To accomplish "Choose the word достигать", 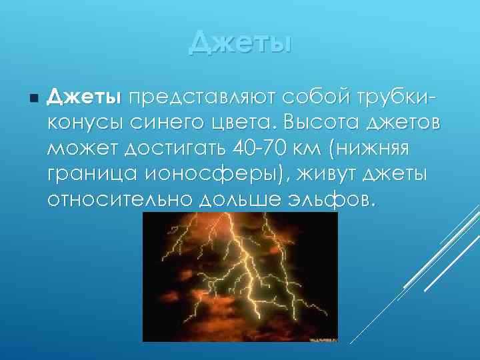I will (x=177, y=150).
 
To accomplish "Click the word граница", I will (x=90, y=175).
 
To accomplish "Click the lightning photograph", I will (x=240, y=277).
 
